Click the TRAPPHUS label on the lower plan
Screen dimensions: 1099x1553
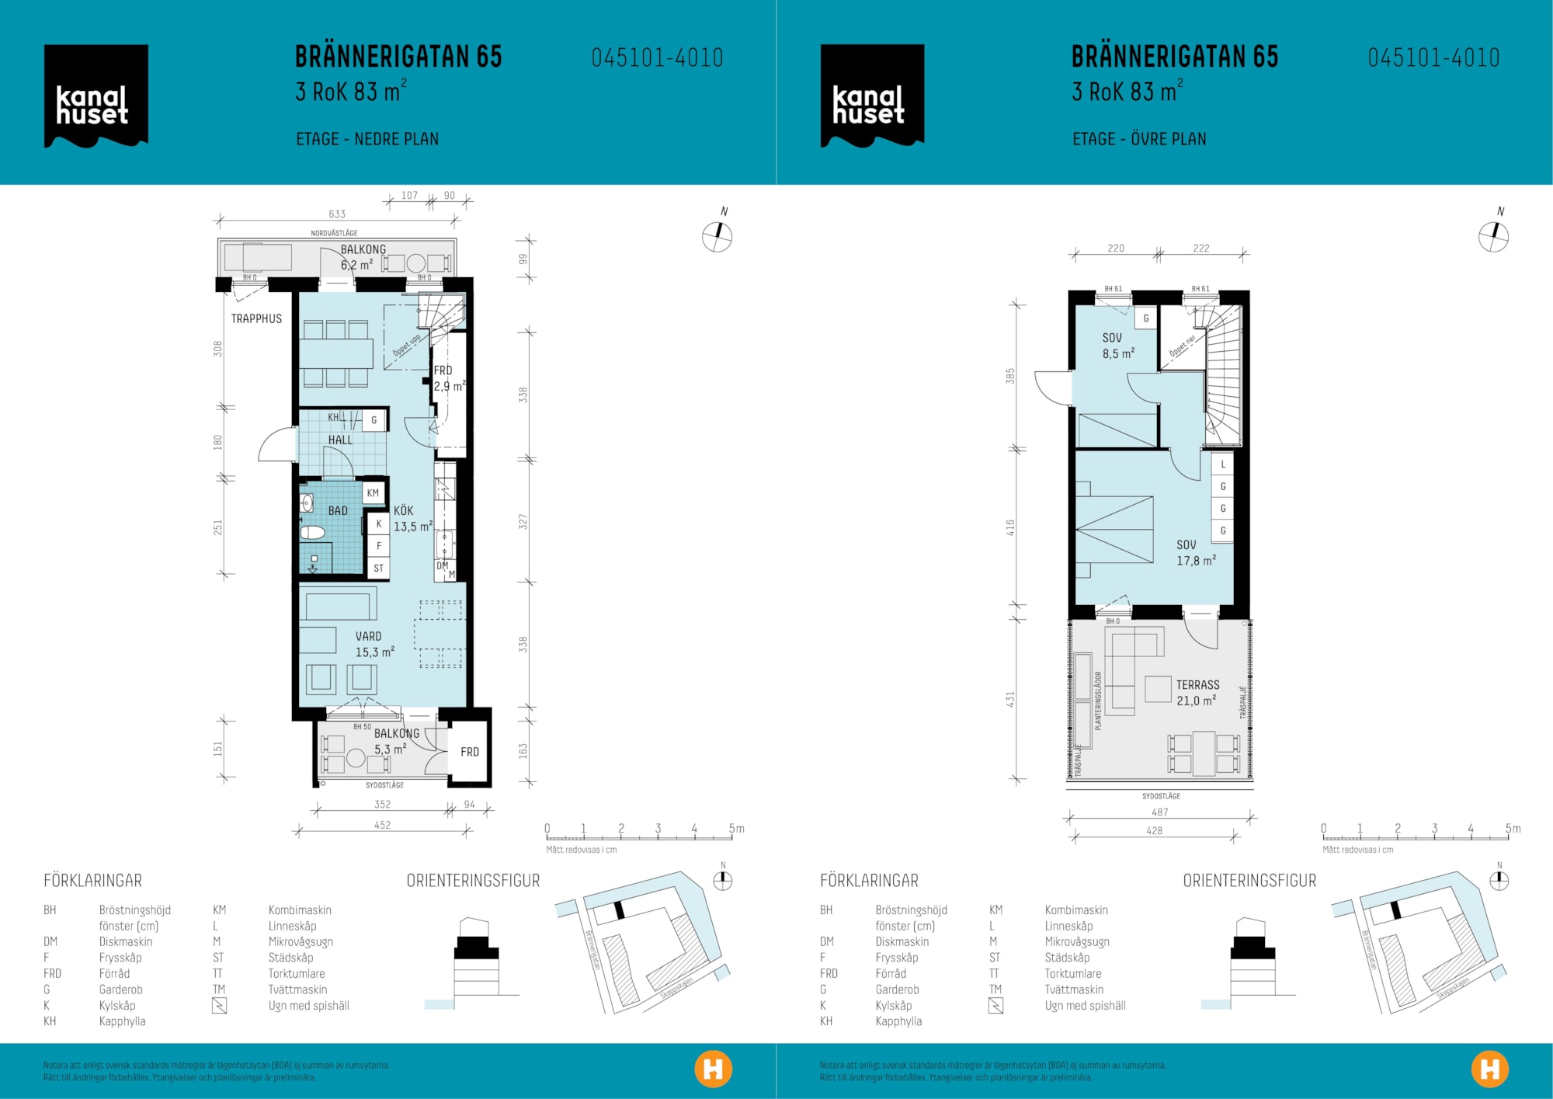(x=256, y=318)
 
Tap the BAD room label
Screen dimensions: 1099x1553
(x=338, y=510)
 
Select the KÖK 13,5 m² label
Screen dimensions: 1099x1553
(x=412, y=518)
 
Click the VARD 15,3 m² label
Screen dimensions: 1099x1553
(x=374, y=644)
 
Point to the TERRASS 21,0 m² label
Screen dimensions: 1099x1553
(x=1197, y=692)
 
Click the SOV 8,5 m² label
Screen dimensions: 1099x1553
(x=1117, y=346)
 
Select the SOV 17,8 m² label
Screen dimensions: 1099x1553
(x=1195, y=552)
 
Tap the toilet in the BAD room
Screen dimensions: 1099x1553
(x=312, y=532)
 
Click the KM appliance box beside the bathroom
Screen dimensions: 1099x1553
(x=373, y=492)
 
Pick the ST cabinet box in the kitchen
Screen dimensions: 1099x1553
(x=378, y=568)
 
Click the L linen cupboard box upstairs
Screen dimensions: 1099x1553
(x=1222, y=464)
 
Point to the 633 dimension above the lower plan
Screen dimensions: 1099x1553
(x=337, y=214)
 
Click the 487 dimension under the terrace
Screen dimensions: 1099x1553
(x=1159, y=812)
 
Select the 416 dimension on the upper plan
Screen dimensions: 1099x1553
(x=1010, y=527)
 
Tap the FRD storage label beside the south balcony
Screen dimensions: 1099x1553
(x=470, y=751)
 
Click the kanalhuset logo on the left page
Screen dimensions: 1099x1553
(x=96, y=96)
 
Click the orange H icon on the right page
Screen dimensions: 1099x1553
(x=1489, y=1069)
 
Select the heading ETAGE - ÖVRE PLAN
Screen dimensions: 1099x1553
(x=1139, y=139)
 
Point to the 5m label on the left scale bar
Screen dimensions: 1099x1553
(x=736, y=829)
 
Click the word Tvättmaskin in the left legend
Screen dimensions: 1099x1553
(x=297, y=989)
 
